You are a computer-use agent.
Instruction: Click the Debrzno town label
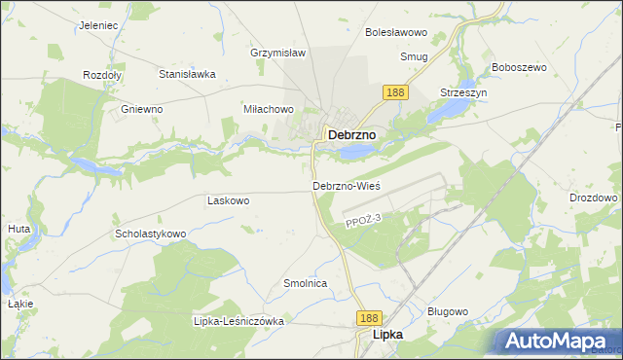tap(352, 135)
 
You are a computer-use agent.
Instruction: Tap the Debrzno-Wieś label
tap(346, 185)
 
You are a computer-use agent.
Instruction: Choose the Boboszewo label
tap(520, 67)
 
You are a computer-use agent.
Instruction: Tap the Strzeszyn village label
tap(463, 91)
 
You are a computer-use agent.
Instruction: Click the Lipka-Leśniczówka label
tap(238, 321)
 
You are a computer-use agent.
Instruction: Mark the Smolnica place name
tap(304, 283)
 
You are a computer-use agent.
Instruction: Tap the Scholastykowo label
tap(151, 234)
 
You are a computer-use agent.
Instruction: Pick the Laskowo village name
tap(229, 200)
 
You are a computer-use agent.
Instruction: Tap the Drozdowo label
tap(594, 198)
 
